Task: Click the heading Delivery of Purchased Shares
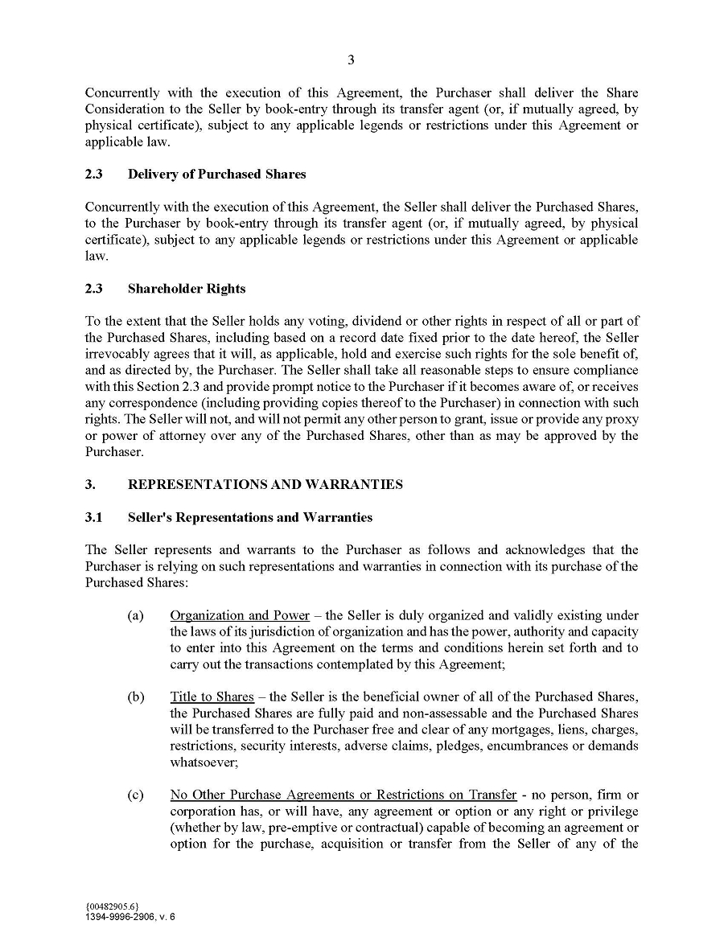click(216, 175)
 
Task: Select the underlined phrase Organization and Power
click(239, 616)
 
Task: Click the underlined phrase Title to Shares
click(212, 697)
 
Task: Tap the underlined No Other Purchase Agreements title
click(343, 795)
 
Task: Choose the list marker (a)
click(135, 616)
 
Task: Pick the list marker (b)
click(135, 697)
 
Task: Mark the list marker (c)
click(135, 795)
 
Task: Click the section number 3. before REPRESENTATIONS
click(90, 485)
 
